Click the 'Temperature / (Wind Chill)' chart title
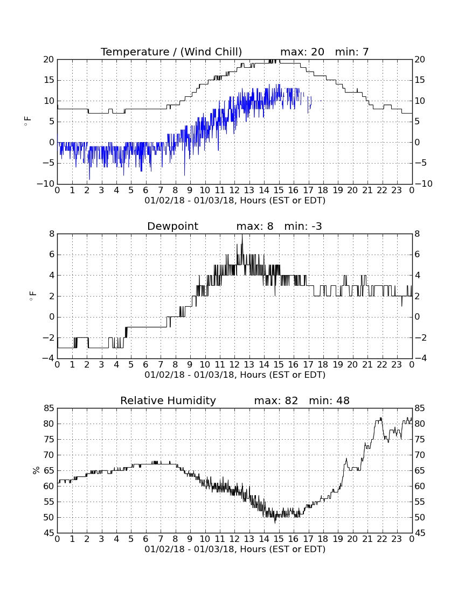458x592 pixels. pyautogui.click(x=171, y=52)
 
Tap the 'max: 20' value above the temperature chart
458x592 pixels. pyautogui.click(x=302, y=52)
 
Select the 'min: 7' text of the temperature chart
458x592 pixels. pyautogui.click(x=352, y=52)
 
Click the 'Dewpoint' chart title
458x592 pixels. pyautogui.click(x=173, y=226)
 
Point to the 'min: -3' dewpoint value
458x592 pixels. pyautogui.click(x=303, y=226)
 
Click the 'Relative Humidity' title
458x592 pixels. pyautogui.click(x=168, y=400)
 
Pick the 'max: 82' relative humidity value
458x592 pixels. pyautogui.click(x=276, y=400)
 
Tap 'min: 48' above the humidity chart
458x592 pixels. pyautogui.click(x=329, y=400)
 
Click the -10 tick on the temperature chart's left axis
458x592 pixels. pyautogui.click(x=46, y=184)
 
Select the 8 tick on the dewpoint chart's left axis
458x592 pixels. pyautogui.click(x=52, y=234)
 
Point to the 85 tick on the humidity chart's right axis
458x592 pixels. pyautogui.click(x=420, y=408)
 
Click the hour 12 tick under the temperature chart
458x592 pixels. pyautogui.click(x=234, y=191)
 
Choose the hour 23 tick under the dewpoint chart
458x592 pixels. pyautogui.click(x=397, y=365)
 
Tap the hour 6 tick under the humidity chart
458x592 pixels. pyautogui.click(x=146, y=539)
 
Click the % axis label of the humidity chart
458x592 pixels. pyautogui.click(x=36, y=470)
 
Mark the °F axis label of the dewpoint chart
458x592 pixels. pyautogui.click(x=32, y=296)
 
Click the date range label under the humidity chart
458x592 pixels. pyautogui.click(x=235, y=549)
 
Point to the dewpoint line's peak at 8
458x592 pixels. pyautogui.click(x=242, y=235)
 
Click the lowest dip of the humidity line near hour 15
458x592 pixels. pyautogui.click(x=275, y=522)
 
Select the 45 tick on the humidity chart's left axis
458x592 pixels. pyautogui.click(x=48, y=533)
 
